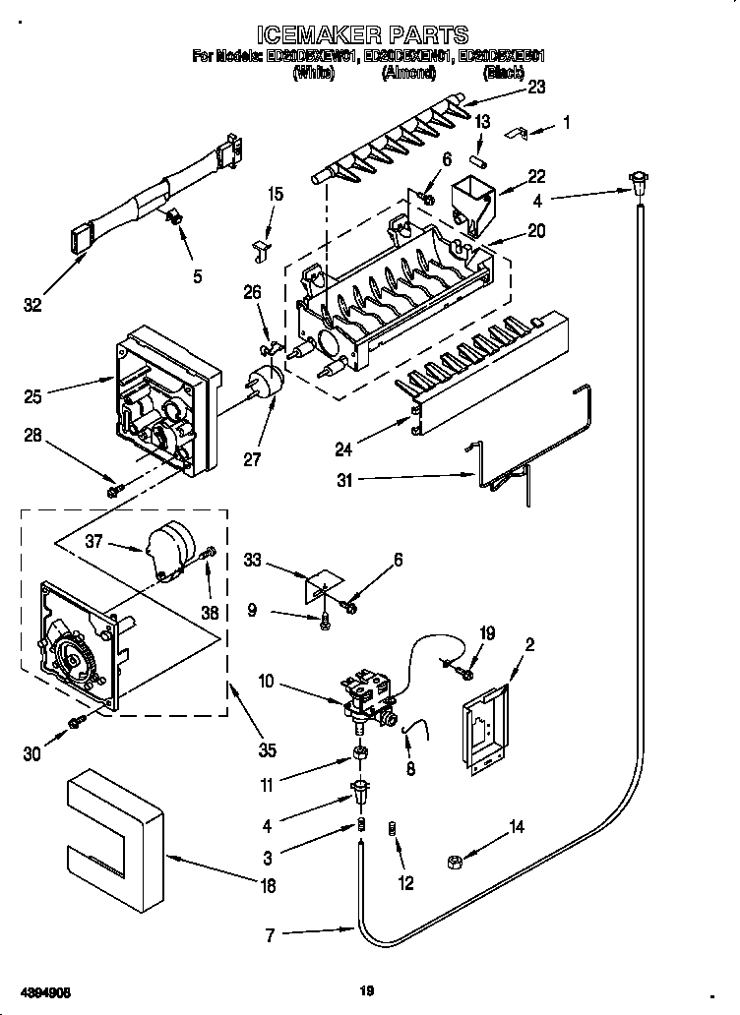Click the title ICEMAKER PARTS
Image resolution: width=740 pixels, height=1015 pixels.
pos(370,38)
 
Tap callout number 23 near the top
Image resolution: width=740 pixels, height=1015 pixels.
pos(536,86)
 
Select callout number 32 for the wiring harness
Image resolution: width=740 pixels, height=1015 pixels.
pos(33,305)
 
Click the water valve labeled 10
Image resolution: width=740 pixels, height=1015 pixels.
pos(369,694)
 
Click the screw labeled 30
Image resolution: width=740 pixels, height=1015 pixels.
pos(76,724)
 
